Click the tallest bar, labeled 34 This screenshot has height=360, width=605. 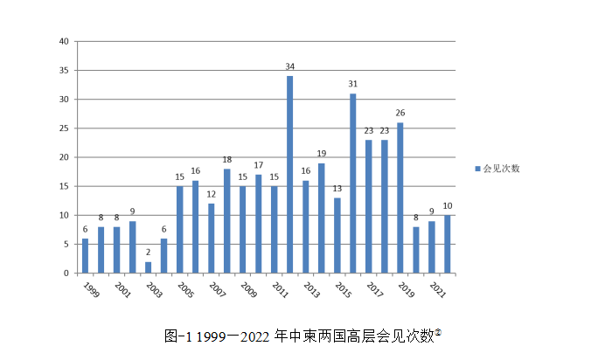tap(289, 175)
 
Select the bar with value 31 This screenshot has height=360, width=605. tap(353, 183)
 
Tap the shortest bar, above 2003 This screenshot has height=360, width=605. tap(148, 267)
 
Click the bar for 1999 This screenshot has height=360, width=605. tap(85, 256)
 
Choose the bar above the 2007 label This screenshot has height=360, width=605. tap(211, 239)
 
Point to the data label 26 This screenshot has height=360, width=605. tap(400, 113)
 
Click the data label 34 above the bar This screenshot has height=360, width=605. tap(289, 66)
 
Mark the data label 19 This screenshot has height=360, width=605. tap(322, 154)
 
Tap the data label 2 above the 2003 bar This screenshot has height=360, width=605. tap(148, 252)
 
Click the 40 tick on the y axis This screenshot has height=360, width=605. tap(64, 42)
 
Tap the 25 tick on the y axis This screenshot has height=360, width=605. tap(64, 128)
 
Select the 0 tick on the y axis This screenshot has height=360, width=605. tap(66, 273)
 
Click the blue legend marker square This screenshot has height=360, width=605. tap(477, 169)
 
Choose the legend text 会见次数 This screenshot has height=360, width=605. tap(502, 169)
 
